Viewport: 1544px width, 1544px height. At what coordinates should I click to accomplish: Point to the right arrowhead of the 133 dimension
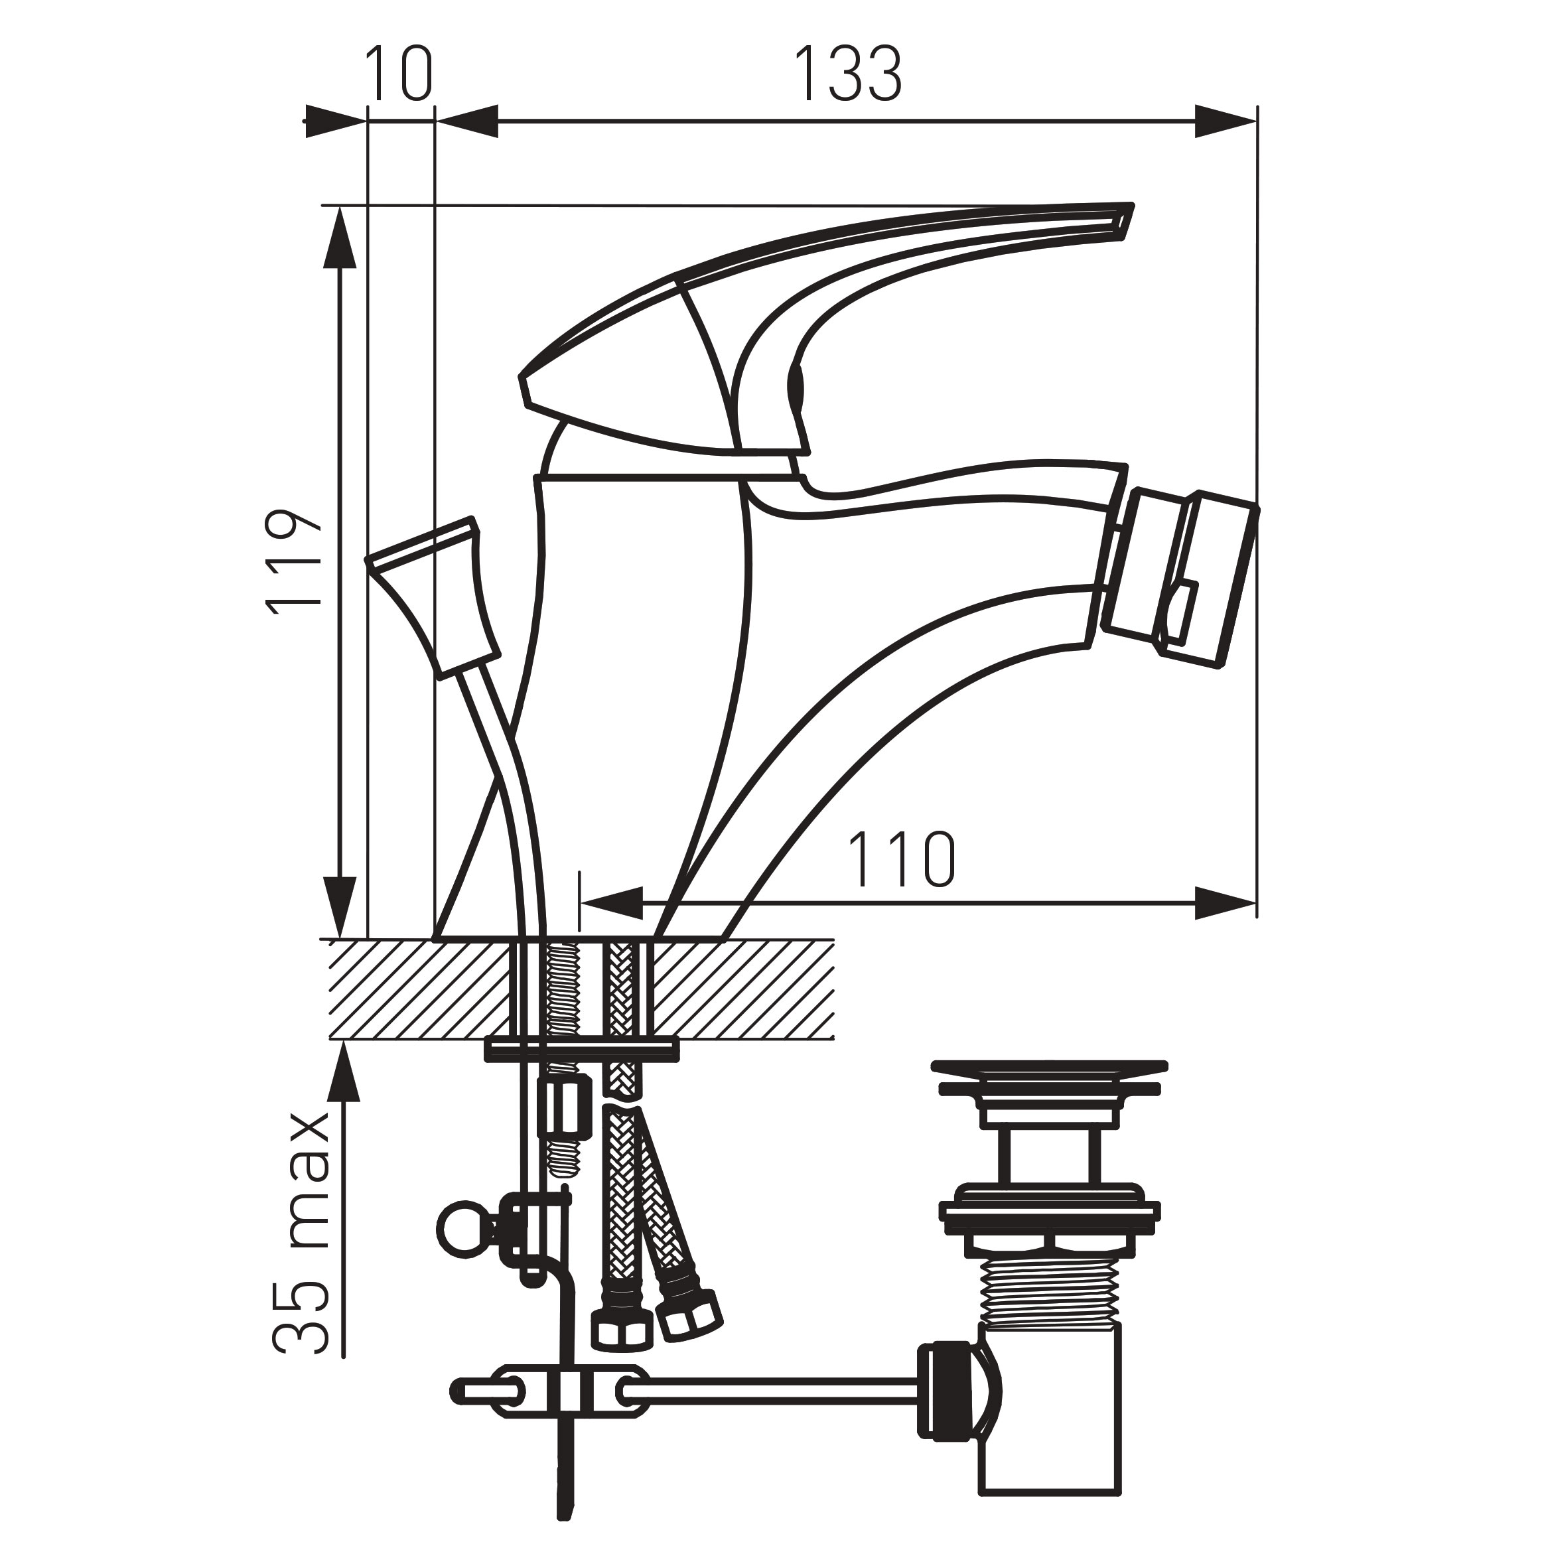pyautogui.click(x=1226, y=122)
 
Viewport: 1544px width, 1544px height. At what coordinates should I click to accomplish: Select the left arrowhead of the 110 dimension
pyautogui.click(x=610, y=902)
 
